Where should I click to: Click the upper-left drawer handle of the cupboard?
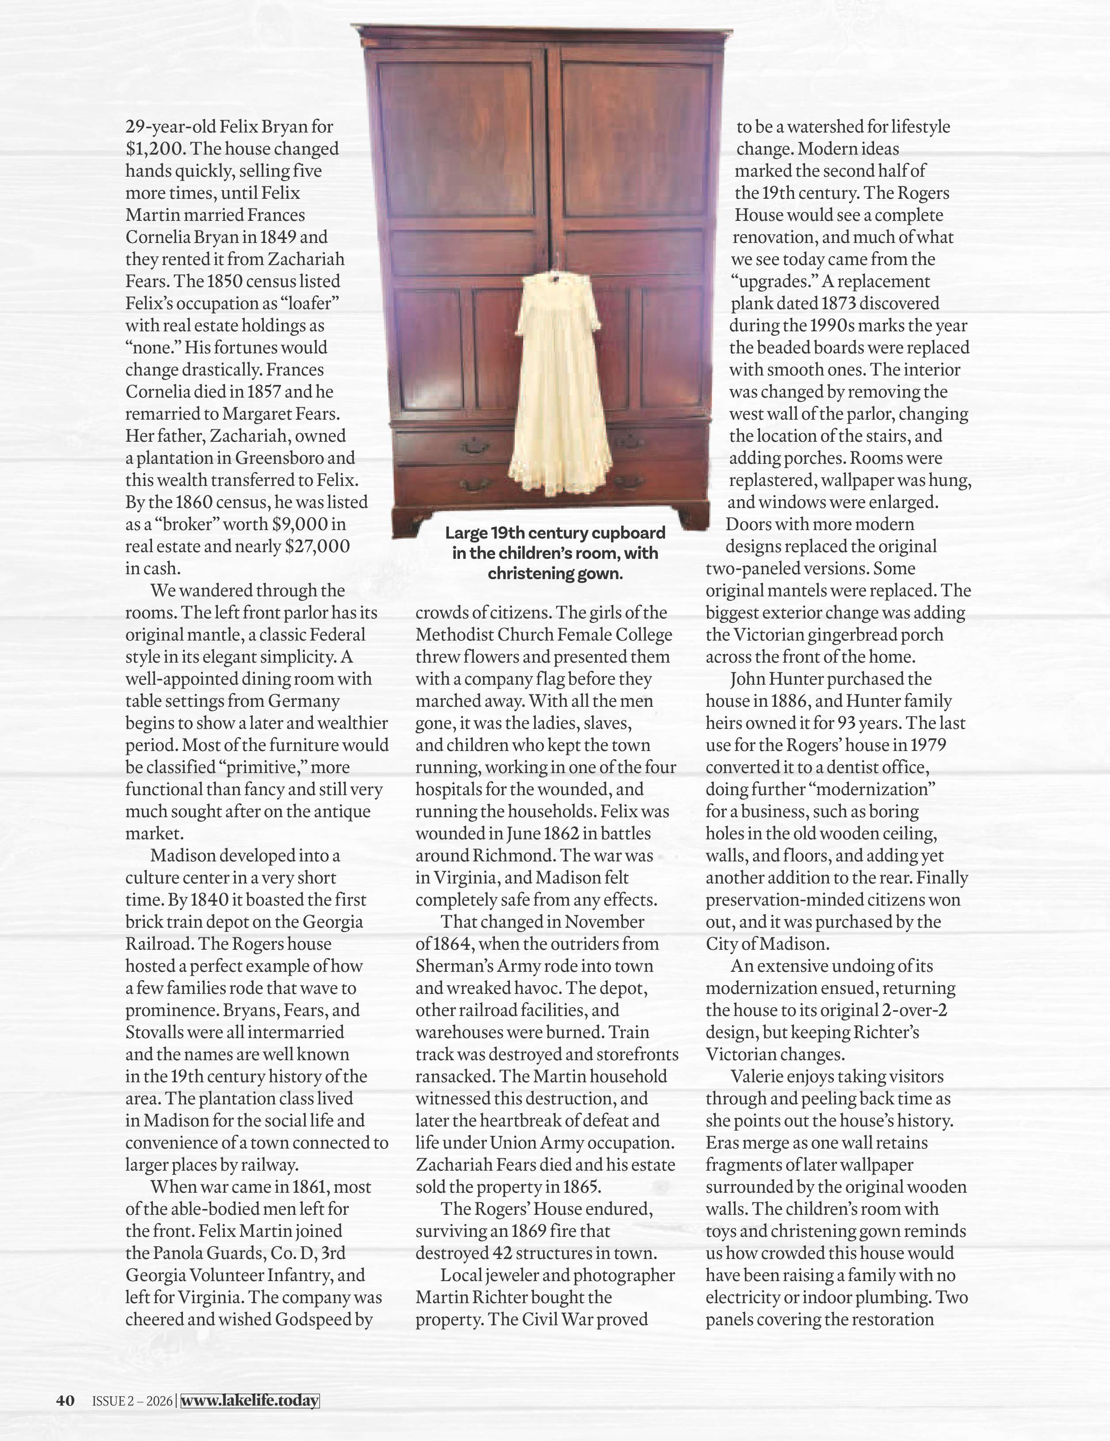pos(475,447)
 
